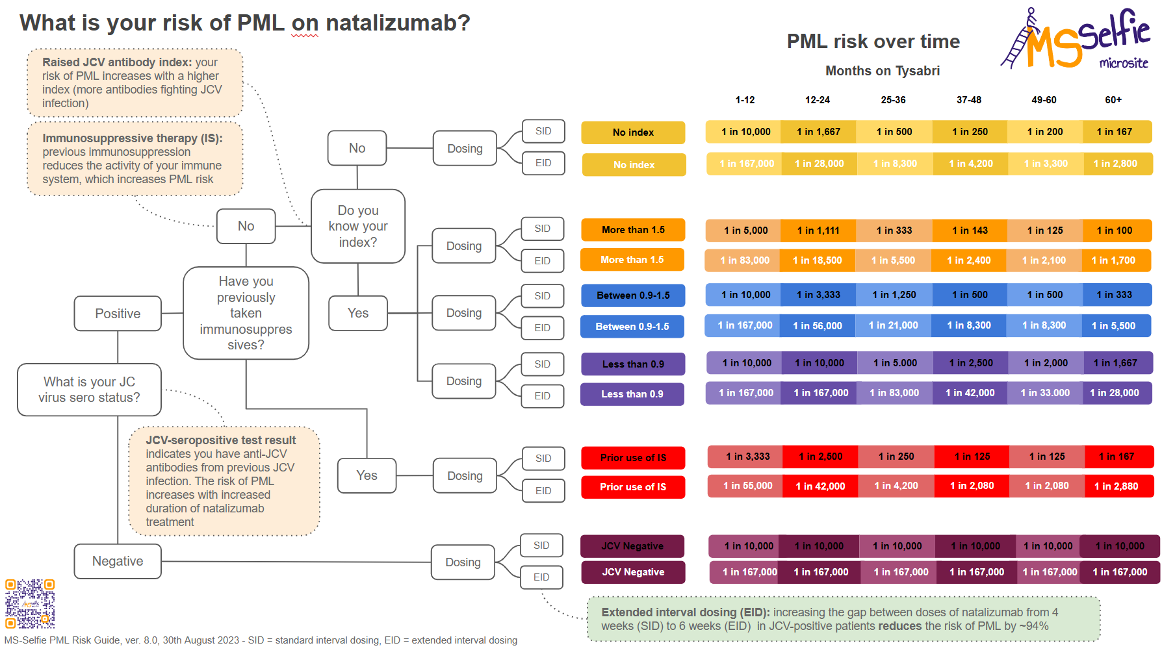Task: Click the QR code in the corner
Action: (x=30, y=603)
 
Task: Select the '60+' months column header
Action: (x=1113, y=100)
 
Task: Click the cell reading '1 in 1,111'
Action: (x=818, y=231)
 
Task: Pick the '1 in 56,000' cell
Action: (x=818, y=326)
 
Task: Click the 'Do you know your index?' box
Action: (x=358, y=226)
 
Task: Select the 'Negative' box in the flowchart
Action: (x=118, y=561)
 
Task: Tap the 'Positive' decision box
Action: (x=118, y=314)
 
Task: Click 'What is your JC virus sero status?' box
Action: (x=89, y=390)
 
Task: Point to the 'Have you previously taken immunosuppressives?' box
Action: (x=246, y=313)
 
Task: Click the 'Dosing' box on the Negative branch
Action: (x=463, y=562)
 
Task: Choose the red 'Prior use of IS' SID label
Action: (x=633, y=458)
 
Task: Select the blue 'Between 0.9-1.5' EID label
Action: (x=632, y=327)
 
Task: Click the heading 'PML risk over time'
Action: (x=873, y=42)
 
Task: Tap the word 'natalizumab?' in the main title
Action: (x=398, y=23)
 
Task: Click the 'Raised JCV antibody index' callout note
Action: (x=135, y=82)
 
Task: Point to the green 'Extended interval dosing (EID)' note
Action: (x=843, y=620)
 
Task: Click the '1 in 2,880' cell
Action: (x=1116, y=486)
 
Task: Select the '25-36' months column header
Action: (x=893, y=100)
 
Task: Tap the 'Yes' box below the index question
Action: (x=358, y=313)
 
